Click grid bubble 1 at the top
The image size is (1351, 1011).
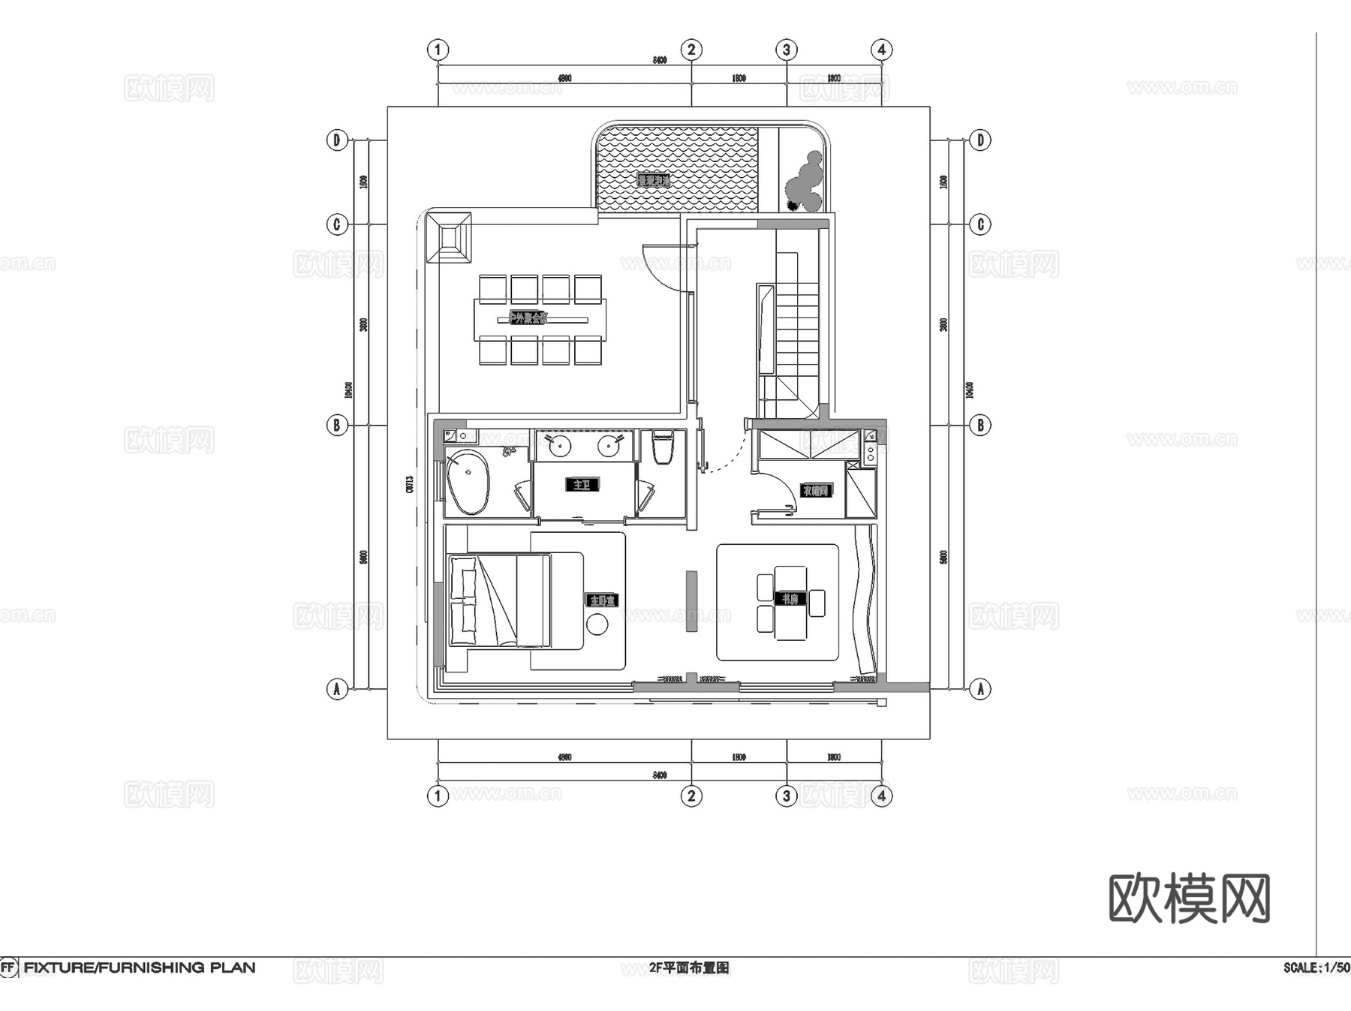438,50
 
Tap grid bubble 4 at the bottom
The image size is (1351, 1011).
882,796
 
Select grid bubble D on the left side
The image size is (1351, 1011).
337,140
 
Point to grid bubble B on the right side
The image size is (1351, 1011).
980,426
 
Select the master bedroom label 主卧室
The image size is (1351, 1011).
602,600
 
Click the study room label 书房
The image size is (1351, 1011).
790,599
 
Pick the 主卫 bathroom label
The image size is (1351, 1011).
582,485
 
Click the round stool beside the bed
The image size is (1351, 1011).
597,624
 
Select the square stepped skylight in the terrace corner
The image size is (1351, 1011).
449,237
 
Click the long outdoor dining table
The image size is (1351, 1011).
540,320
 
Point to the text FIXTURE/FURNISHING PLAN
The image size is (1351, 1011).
140,967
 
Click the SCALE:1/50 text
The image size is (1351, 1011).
1316,968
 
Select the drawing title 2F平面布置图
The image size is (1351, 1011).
689,968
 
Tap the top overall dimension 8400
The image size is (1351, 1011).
659,60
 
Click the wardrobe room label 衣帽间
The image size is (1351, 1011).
816,491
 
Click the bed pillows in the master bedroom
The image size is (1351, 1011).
463,599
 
